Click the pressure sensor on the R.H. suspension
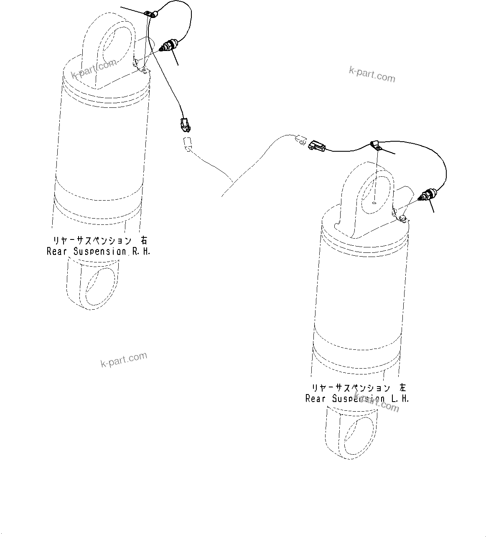[x=170, y=46]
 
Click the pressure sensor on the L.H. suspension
[x=429, y=194]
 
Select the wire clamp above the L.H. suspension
[x=376, y=145]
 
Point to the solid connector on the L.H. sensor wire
[x=316, y=146]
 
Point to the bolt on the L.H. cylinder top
[x=402, y=218]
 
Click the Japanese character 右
[x=144, y=241]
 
